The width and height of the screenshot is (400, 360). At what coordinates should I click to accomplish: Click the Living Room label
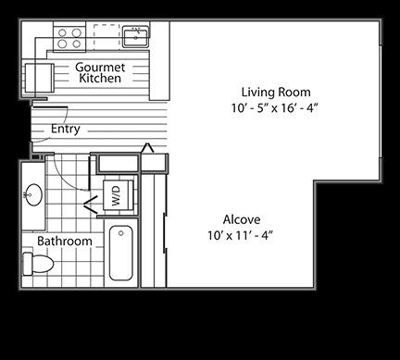[x=276, y=92]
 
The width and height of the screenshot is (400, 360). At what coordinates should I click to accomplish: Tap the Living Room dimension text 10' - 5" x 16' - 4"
[x=274, y=108]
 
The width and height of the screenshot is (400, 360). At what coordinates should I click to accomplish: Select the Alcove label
[x=242, y=219]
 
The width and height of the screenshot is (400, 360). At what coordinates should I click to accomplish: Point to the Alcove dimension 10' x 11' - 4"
[x=241, y=236]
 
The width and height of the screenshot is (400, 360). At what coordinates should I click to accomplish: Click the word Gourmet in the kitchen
[x=100, y=67]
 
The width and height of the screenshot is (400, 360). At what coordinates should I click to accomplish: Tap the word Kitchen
[x=100, y=78]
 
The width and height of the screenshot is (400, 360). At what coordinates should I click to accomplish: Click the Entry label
[x=66, y=129]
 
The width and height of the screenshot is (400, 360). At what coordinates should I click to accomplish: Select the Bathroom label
[x=65, y=241]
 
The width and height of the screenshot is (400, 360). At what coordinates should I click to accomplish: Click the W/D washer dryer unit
[x=119, y=195]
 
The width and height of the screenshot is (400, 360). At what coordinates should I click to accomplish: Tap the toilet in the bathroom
[x=38, y=264]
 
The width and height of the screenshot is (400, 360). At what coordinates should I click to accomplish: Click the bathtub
[x=121, y=253]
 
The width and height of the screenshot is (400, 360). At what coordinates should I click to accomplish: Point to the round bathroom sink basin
[x=33, y=194]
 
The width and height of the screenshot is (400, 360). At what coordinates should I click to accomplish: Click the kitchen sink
[x=136, y=37]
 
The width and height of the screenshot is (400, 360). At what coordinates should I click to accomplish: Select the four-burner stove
[x=69, y=38]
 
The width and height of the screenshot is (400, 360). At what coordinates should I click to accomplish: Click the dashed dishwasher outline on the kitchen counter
[x=106, y=36]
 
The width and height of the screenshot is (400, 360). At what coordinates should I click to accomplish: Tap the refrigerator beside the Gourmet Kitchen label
[x=39, y=78]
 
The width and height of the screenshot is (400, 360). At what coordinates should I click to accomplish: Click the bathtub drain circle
[x=121, y=233]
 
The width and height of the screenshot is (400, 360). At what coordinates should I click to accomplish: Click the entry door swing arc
[x=62, y=123]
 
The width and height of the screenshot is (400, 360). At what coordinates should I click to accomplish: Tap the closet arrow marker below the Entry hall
[x=147, y=147]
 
